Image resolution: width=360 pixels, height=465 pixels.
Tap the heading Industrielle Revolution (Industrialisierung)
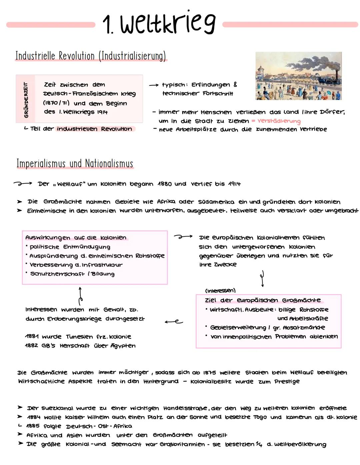tap(91, 56)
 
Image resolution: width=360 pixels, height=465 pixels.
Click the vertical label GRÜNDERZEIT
tap(26, 100)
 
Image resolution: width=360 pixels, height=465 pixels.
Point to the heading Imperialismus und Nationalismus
tap(75, 164)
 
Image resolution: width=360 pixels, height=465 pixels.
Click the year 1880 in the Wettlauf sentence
tap(165, 184)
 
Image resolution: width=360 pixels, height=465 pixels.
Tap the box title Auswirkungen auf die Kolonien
tap(76, 238)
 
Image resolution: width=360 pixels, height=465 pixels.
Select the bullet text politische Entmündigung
tap(70, 247)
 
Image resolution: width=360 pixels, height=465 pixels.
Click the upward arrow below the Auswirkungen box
tap(80, 295)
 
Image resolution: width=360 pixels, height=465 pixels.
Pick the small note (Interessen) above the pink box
tap(220, 290)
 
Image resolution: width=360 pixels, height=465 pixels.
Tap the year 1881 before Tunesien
tap(32, 337)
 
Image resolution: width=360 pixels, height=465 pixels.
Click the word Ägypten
tap(123, 346)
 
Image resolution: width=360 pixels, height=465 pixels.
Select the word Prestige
tap(287, 381)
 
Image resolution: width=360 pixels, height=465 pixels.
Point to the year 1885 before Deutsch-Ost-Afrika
tap(33, 426)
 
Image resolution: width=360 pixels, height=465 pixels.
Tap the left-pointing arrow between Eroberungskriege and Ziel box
tap(174, 322)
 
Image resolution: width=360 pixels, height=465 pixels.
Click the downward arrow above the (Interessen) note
tap(263, 279)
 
